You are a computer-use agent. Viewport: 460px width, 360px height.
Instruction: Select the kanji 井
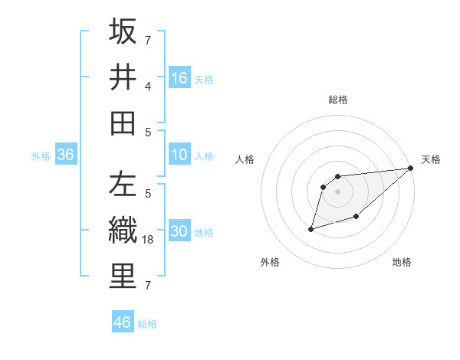tap(123, 77)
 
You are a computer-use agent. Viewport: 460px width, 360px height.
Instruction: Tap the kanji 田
tap(123, 123)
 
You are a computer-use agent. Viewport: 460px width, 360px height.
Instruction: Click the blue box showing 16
tap(179, 78)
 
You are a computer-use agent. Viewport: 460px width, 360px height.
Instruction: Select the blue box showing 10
tap(179, 155)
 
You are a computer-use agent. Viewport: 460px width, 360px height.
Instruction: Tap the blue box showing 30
tap(179, 232)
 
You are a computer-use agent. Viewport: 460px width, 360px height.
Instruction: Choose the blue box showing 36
tap(66, 155)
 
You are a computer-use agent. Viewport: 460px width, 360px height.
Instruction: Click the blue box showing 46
tap(123, 322)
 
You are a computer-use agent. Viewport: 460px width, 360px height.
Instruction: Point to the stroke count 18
tap(149, 240)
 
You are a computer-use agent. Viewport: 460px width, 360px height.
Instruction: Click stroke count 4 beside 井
tap(148, 87)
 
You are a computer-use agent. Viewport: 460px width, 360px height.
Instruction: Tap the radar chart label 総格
tap(338, 100)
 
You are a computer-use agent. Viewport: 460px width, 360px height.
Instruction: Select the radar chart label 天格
tap(431, 159)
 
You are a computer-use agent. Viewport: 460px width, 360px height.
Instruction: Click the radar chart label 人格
tap(245, 159)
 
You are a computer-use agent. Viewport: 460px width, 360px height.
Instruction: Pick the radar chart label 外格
tap(270, 262)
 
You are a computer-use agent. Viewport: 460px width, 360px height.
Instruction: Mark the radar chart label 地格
tap(402, 262)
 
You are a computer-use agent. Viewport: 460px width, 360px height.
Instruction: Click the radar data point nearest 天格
tap(411, 169)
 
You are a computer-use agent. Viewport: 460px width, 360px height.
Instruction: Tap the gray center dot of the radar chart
tap(338, 191)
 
